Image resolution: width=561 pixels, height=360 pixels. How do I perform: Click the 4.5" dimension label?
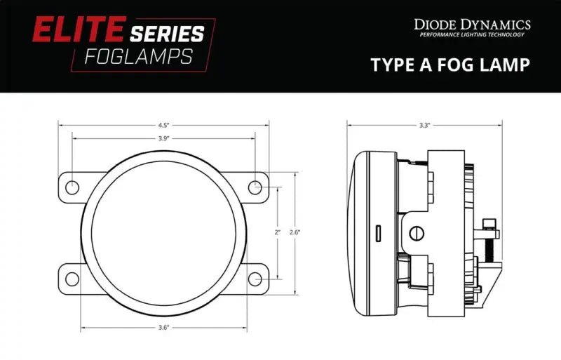[x=163, y=125]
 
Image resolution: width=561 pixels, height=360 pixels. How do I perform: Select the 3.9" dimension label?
[x=163, y=138]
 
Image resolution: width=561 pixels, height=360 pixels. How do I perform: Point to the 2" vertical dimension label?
[x=278, y=232]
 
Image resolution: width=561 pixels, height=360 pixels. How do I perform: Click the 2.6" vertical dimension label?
[x=295, y=232]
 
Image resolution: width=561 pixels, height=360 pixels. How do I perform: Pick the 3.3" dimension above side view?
[x=424, y=125]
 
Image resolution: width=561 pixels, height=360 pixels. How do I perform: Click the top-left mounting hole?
[x=72, y=187]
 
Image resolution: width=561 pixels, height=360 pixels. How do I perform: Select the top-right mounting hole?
[x=255, y=187]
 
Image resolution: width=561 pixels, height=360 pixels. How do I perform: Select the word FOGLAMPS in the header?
[x=138, y=56]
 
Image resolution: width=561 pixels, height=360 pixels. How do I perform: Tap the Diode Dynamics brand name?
[x=473, y=25]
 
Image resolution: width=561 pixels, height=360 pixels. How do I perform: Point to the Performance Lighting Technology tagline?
[x=473, y=35]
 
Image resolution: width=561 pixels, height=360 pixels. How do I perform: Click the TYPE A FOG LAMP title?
[x=450, y=65]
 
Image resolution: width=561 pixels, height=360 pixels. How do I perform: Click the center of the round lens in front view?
[x=163, y=232]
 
